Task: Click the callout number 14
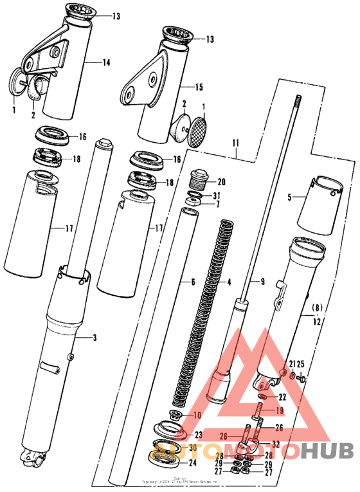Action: pyautogui.click(x=107, y=62)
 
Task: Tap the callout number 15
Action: pyautogui.click(x=199, y=86)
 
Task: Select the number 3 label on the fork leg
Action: pyautogui.click(x=96, y=337)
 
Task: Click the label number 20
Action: pyautogui.click(x=222, y=181)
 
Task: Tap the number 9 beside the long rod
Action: pyautogui.click(x=262, y=282)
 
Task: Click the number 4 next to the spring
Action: pyautogui.click(x=228, y=282)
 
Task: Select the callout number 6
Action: pyautogui.click(x=192, y=282)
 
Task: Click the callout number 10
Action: pyautogui.click(x=197, y=415)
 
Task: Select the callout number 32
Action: pyautogui.click(x=276, y=444)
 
